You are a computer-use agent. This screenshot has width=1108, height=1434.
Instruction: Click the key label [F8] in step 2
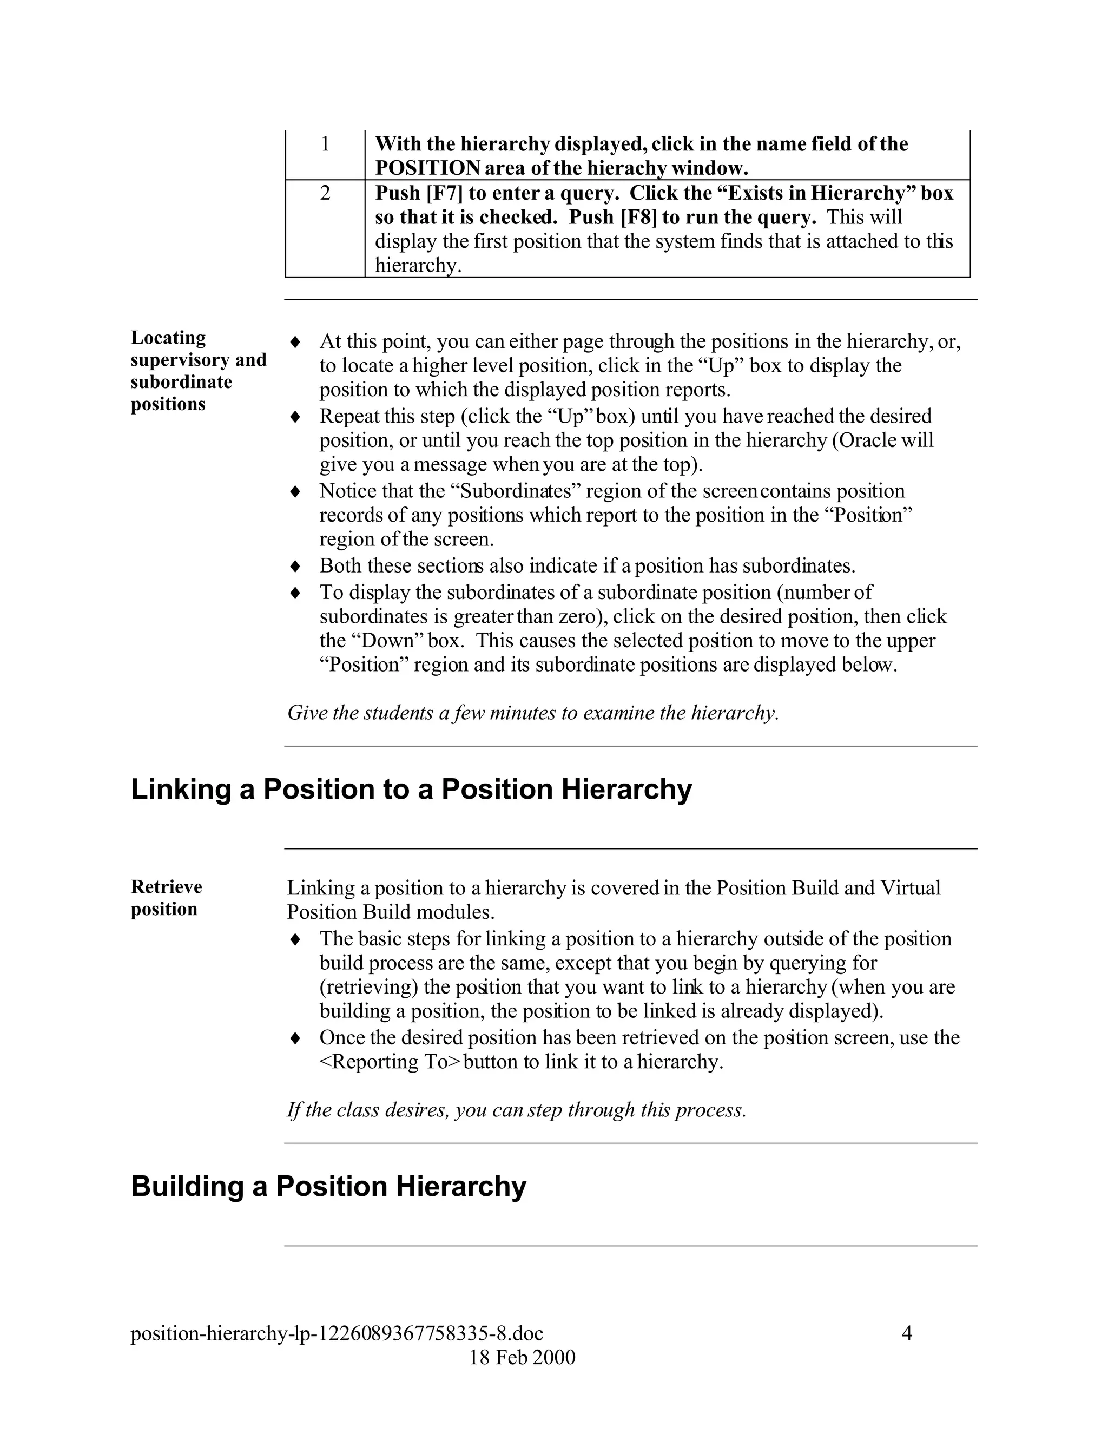[639, 218]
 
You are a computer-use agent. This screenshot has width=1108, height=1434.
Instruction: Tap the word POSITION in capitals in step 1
[427, 169]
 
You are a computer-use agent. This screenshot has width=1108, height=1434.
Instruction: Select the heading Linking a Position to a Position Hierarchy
[411, 789]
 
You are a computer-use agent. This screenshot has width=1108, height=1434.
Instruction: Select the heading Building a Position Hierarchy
[328, 1187]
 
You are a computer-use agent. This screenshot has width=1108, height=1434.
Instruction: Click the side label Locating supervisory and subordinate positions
[197, 371]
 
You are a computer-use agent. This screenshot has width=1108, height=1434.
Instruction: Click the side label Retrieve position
[166, 898]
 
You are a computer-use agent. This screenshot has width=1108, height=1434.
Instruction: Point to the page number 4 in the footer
[907, 1333]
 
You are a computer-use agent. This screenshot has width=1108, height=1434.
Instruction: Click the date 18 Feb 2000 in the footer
[522, 1357]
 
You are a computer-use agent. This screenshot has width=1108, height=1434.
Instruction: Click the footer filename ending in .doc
[337, 1333]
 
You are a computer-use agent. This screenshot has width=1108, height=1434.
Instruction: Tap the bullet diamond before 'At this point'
[295, 342]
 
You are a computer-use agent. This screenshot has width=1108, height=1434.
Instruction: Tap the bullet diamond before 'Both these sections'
[295, 566]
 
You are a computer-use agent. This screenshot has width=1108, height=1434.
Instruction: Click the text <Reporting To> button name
[390, 1062]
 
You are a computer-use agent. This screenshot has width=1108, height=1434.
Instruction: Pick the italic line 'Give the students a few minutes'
[532, 713]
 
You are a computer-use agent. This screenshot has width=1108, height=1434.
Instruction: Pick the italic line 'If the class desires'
[516, 1110]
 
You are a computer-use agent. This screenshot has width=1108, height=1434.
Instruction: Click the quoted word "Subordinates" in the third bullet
[514, 491]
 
